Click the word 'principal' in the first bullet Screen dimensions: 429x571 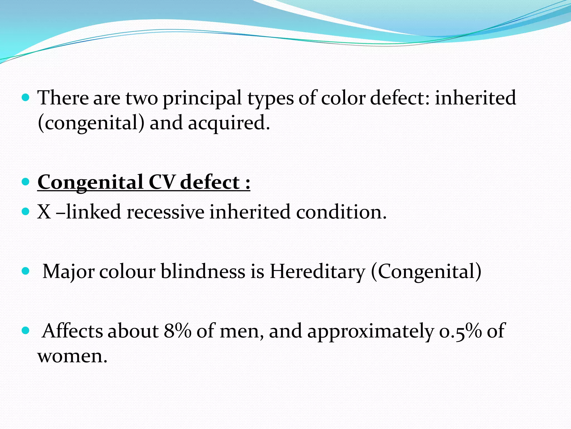pyautogui.click(x=202, y=98)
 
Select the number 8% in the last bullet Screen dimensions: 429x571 pyautogui.click(x=177, y=331)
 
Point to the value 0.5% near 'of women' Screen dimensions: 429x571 pyautogui.click(x=460, y=331)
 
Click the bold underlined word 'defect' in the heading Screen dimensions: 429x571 pyautogui.click(x=210, y=182)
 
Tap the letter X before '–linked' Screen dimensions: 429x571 pyautogui.click(x=44, y=212)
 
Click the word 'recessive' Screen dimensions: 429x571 pyautogui.click(x=165, y=212)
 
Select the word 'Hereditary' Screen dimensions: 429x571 pyautogui.click(x=317, y=271)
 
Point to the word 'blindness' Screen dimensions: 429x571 pyautogui.click(x=203, y=271)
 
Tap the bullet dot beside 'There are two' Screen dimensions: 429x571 pyautogui.click(x=25, y=98)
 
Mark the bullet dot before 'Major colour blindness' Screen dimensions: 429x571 pyautogui.click(x=25, y=271)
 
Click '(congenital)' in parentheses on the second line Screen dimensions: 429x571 pyautogui.click(x=91, y=123)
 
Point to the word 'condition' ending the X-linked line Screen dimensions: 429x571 pyautogui.click(x=341, y=212)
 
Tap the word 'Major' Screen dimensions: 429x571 pyautogui.click(x=68, y=271)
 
